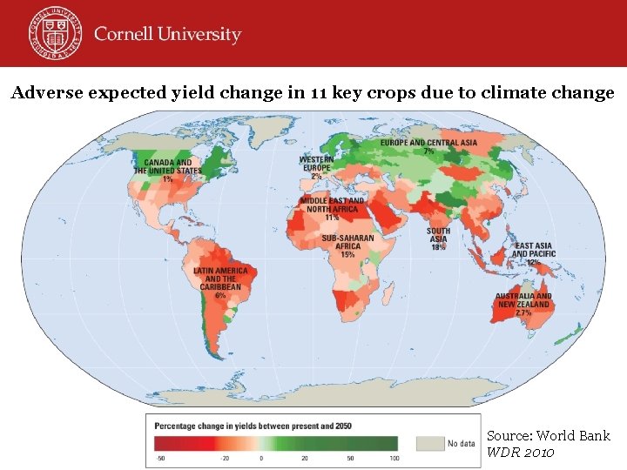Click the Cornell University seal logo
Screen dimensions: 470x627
(x=51, y=33)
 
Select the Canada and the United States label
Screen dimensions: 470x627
(x=167, y=167)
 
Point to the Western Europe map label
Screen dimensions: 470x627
(x=315, y=166)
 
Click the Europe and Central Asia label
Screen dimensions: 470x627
(x=428, y=144)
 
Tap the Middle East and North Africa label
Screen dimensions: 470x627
(x=332, y=206)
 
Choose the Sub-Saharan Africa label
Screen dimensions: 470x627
(x=347, y=244)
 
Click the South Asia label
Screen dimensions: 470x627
(x=438, y=237)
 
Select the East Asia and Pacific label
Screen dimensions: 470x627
(x=533, y=252)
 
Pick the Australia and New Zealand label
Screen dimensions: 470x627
(x=523, y=301)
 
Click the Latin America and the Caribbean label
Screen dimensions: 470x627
(x=220, y=279)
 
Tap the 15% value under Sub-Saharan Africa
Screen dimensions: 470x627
(x=348, y=256)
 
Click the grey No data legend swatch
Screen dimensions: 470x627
(x=429, y=443)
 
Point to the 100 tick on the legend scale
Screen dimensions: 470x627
(x=394, y=458)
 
